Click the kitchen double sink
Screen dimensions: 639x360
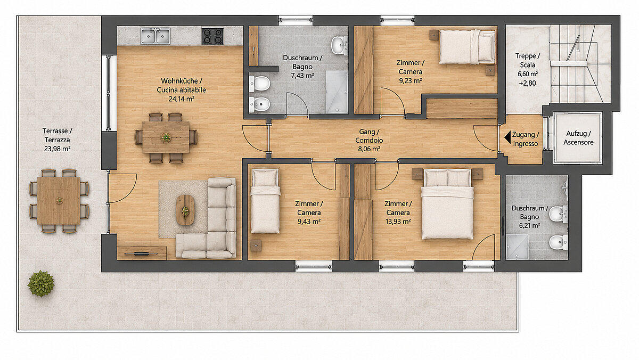pyautogui.click(x=155, y=36)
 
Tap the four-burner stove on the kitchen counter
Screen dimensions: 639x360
pyautogui.click(x=212, y=36)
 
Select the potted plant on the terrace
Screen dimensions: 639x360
pyautogui.click(x=41, y=283)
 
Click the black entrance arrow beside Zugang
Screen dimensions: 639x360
pyautogui.click(x=507, y=137)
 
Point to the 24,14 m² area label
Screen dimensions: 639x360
pyautogui.click(x=182, y=99)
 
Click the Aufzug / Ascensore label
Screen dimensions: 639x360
pyautogui.click(x=578, y=138)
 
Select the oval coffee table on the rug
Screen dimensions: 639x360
pyautogui.click(x=185, y=210)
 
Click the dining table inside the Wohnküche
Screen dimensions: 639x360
pyautogui.click(x=166, y=137)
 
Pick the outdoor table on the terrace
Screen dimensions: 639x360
pyautogui.click(x=59, y=201)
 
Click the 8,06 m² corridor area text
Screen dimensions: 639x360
pyautogui.click(x=369, y=149)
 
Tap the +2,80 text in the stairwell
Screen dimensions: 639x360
pyautogui.click(x=528, y=83)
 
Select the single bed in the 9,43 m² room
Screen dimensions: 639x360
pyautogui.click(x=265, y=201)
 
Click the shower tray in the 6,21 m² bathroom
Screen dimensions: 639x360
pyautogui.click(x=517, y=247)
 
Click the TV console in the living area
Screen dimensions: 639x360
pyautogui.click(x=142, y=253)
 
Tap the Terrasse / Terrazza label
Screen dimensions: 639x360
pyautogui.click(x=58, y=135)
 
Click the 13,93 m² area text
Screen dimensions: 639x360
pyautogui.click(x=398, y=222)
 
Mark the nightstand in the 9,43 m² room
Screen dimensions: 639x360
pyautogui.click(x=256, y=246)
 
